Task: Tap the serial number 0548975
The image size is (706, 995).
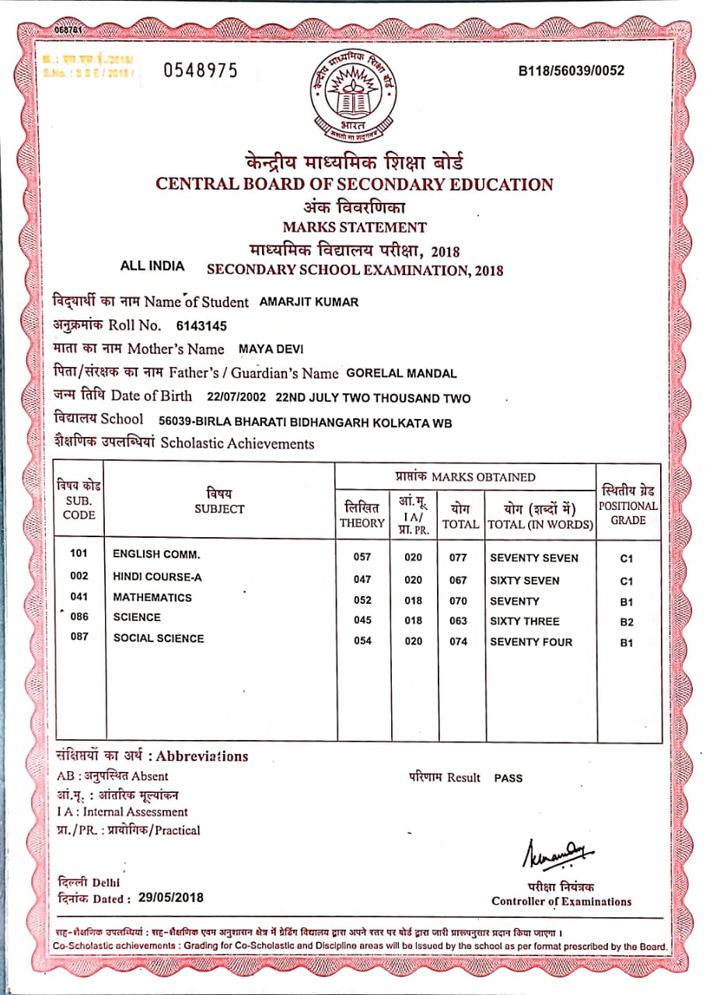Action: pyautogui.click(x=200, y=71)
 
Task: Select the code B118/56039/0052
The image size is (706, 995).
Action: pyautogui.click(x=571, y=71)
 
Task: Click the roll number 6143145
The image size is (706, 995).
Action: pyautogui.click(x=202, y=326)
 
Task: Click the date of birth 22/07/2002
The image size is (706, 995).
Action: pyautogui.click(x=237, y=397)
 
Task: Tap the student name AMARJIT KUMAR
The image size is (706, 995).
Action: pyautogui.click(x=309, y=302)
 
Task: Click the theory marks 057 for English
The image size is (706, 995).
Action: pyautogui.click(x=362, y=557)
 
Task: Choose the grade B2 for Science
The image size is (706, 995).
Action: pyautogui.click(x=627, y=622)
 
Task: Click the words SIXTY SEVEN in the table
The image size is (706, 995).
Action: pyautogui.click(x=524, y=580)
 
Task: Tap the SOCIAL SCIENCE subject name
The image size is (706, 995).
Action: pyautogui.click(x=159, y=638)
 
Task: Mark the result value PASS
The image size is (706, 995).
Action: pyautogui.click(x=509, y=777)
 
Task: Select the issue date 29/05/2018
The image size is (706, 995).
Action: pyautogui.click(x=171, y=897)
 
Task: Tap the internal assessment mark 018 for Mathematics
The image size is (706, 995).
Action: pyautogui.click(x=414, y=600)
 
